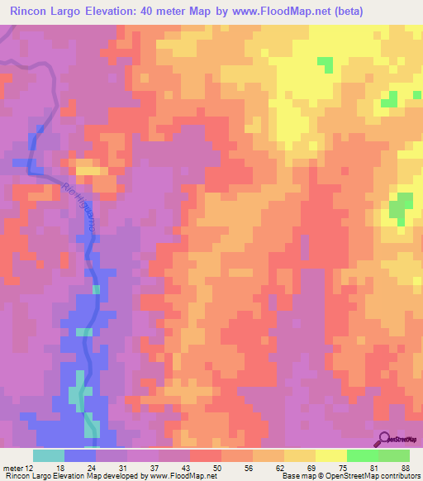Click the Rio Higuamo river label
[x=84, y=207]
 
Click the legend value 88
[x=406, y=467]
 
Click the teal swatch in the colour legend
[x=49, y=455]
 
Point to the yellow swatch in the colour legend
[x=331, y=455]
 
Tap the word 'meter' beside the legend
[x=12, y=467]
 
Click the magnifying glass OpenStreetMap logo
[x=384, y=440]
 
